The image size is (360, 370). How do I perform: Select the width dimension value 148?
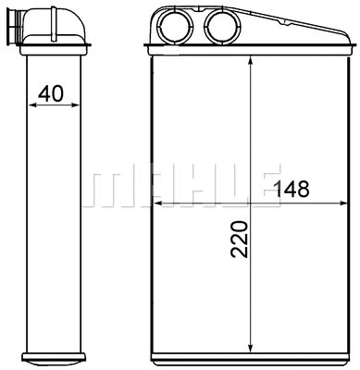(x=291, y=190)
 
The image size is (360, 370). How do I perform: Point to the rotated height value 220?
(x=238, y=238)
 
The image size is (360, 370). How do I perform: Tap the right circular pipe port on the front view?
(x=220, y=26)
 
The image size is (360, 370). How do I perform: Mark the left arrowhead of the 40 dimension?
(x=35, y=105)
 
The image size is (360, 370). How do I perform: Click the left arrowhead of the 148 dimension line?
(x=155, y=202)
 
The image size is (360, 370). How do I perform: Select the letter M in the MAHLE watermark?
(x=104, y=188)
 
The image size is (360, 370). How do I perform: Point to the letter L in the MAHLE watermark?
(x=222, y=188)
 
